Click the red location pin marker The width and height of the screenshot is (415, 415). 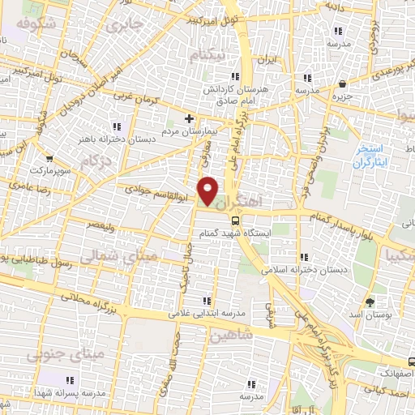click(209, 191)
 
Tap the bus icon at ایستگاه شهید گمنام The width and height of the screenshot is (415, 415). click(235, 219)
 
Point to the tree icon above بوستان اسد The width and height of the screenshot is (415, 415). click(370, 301)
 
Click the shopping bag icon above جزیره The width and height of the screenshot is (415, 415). click(343, 83)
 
